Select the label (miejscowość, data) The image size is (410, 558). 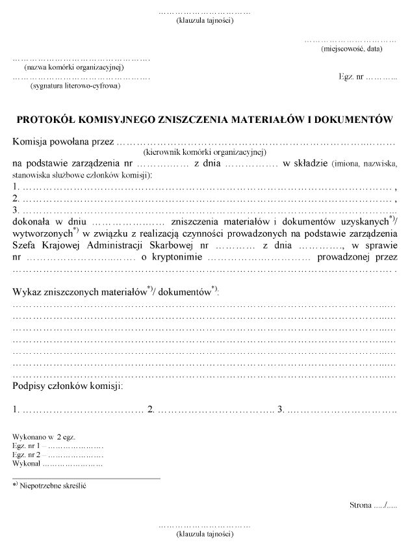[351, 49]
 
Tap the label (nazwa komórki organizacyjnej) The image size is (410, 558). [73, 68]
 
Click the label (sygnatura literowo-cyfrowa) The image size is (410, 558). [75, 85]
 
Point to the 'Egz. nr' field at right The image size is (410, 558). [367, 76]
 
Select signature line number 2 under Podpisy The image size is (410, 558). [211, 410]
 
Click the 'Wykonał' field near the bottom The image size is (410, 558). [57, 464]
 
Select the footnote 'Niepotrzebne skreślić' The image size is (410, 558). [53, 485]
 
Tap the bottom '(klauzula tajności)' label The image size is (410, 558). [205, 534]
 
